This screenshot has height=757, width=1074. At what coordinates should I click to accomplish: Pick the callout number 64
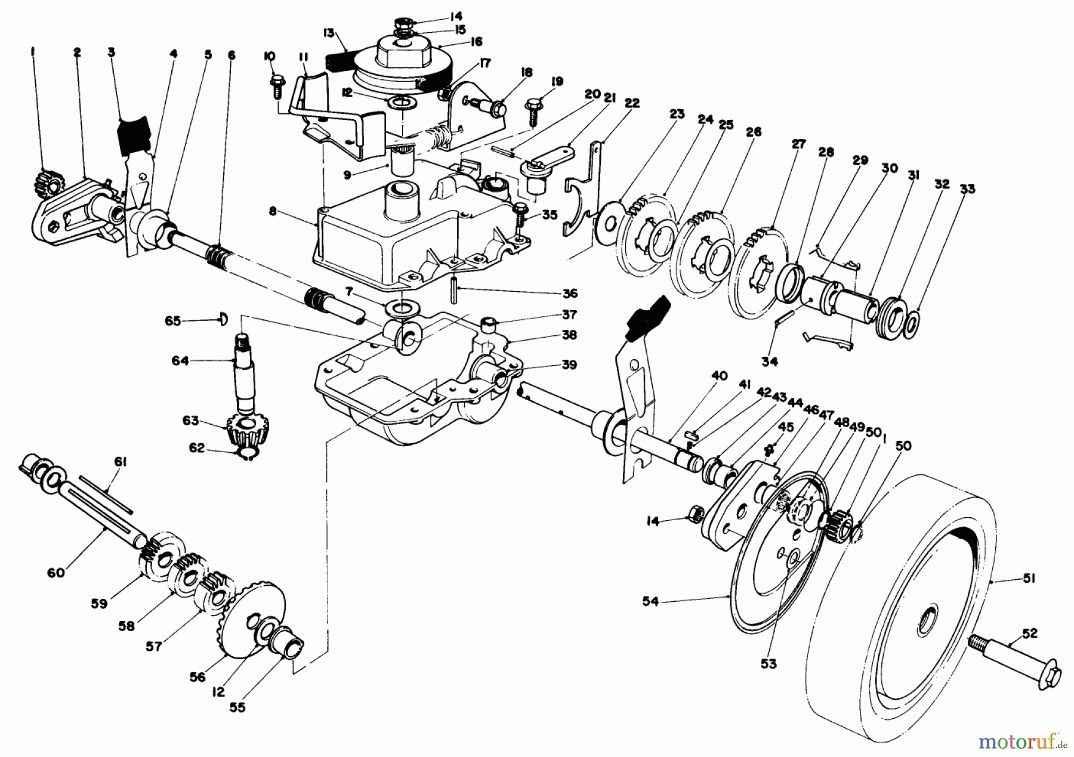click(x=180, y=360)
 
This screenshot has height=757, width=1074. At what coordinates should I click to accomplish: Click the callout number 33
click(x=967, y=189)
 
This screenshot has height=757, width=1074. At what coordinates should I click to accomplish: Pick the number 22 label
click(x=632, y=103)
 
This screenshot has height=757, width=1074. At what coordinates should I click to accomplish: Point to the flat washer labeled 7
click(x=402, y=309)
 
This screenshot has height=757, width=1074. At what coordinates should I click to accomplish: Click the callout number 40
click(x=720, y=375)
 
